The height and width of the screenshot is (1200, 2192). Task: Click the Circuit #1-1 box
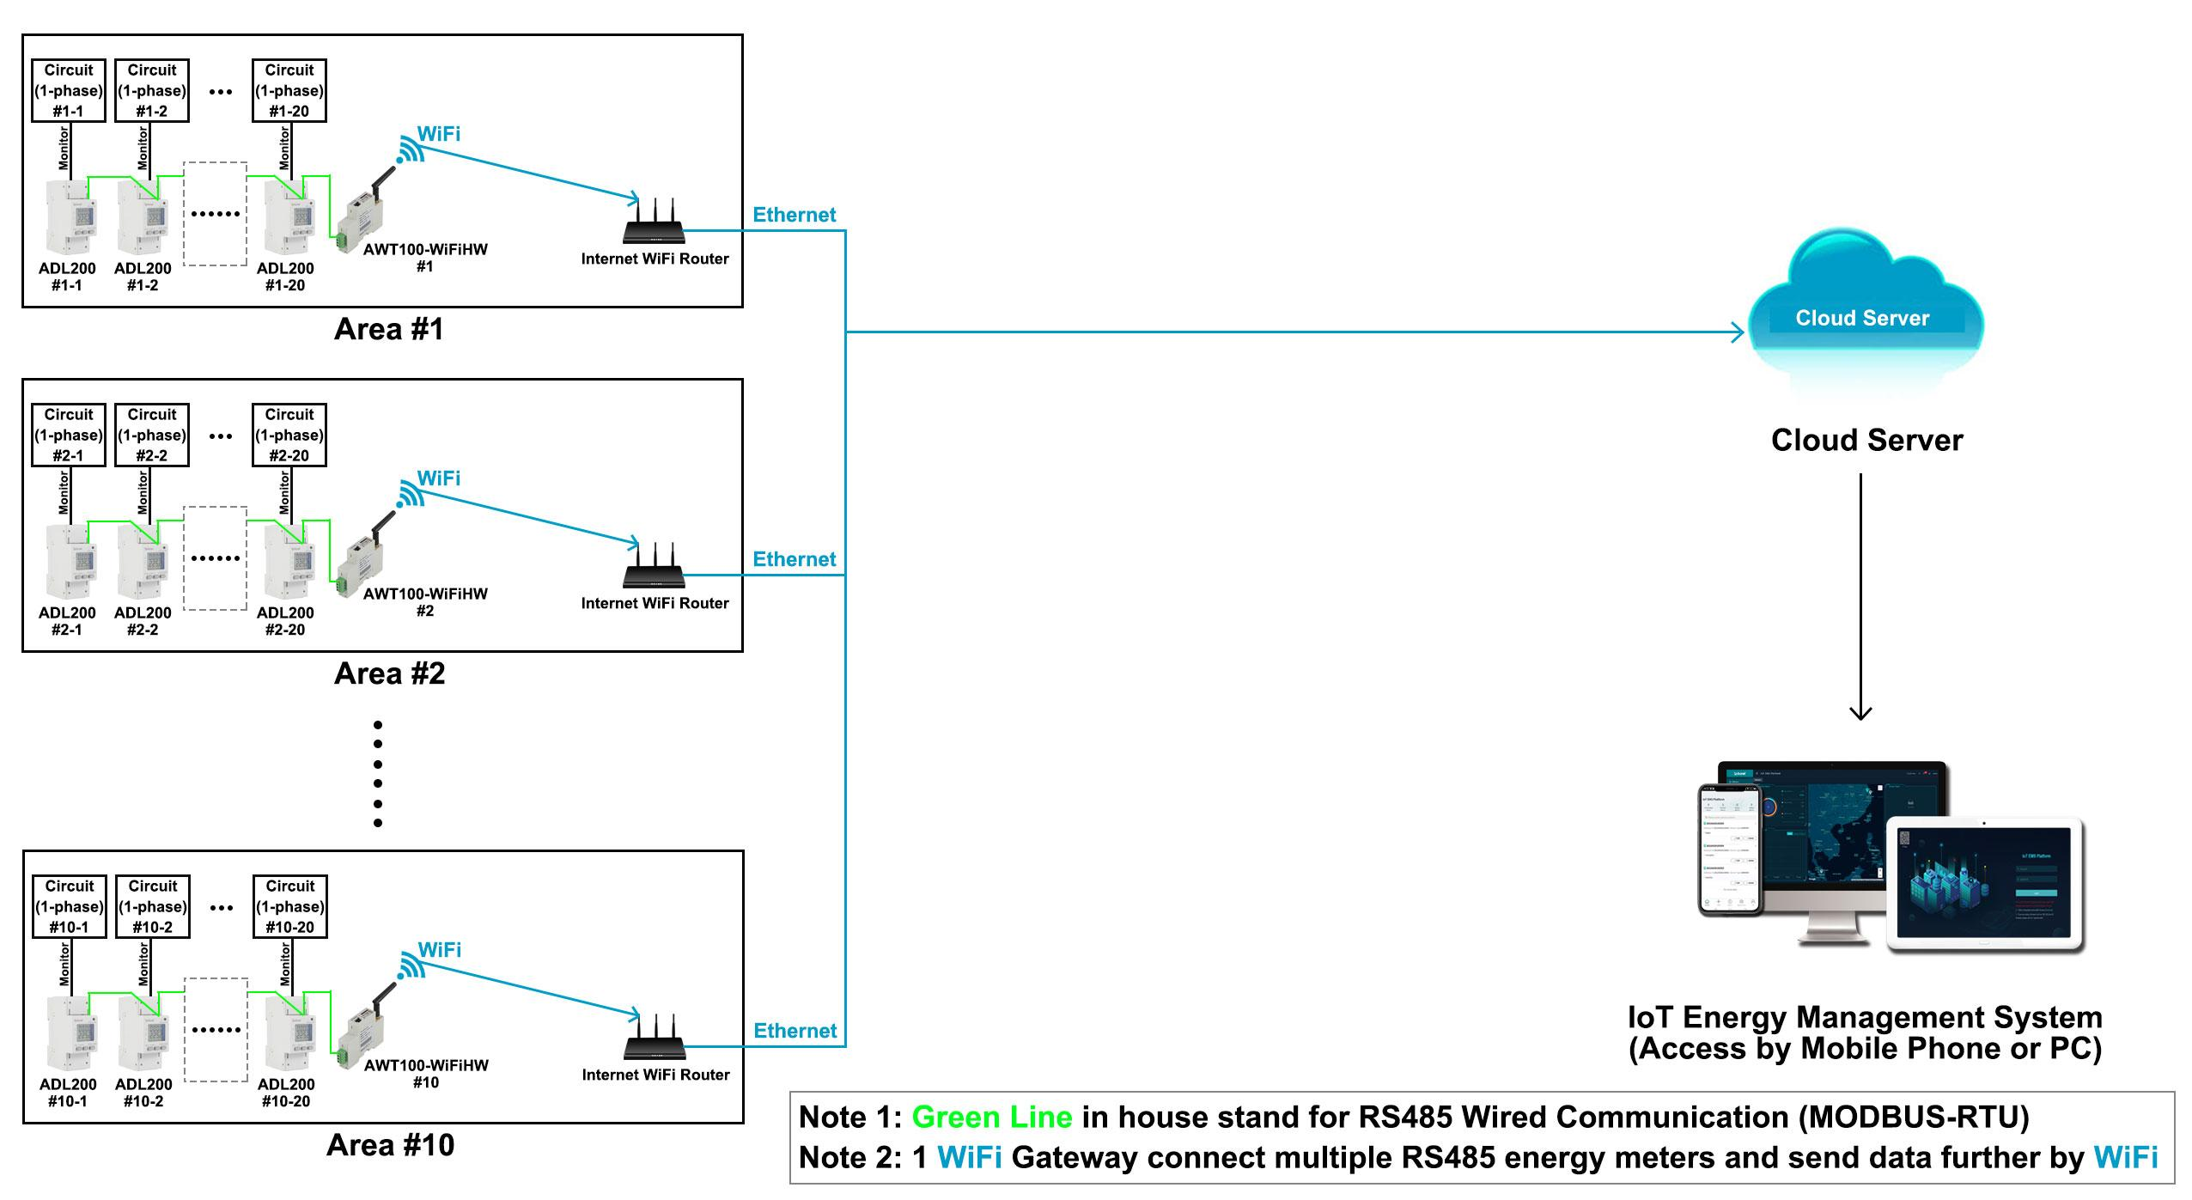[x=68, y=90]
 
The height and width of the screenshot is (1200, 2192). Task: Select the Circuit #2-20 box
[x=289, y=435]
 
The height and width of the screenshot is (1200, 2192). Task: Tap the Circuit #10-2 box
[x=153, y=906]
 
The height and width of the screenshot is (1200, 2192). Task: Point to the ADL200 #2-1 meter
[x=71, y=562]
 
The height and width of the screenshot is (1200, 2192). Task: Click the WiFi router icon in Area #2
[x=654, y=566]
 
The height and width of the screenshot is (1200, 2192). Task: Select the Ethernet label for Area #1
[x=794, y=215]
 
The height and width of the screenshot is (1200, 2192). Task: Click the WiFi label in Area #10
[x=439, y=949]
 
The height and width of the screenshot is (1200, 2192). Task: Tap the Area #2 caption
[x=389, y=673]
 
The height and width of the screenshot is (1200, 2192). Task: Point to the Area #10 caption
[x=390, y=1145]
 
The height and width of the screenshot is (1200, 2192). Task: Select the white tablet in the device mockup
[x=1985, y=885]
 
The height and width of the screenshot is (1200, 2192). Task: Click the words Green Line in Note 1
[x=991, y=1117]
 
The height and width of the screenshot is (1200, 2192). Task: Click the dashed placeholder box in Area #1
[x=215, y=214]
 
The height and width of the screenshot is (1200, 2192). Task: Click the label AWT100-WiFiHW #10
[x=425, y=1073]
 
